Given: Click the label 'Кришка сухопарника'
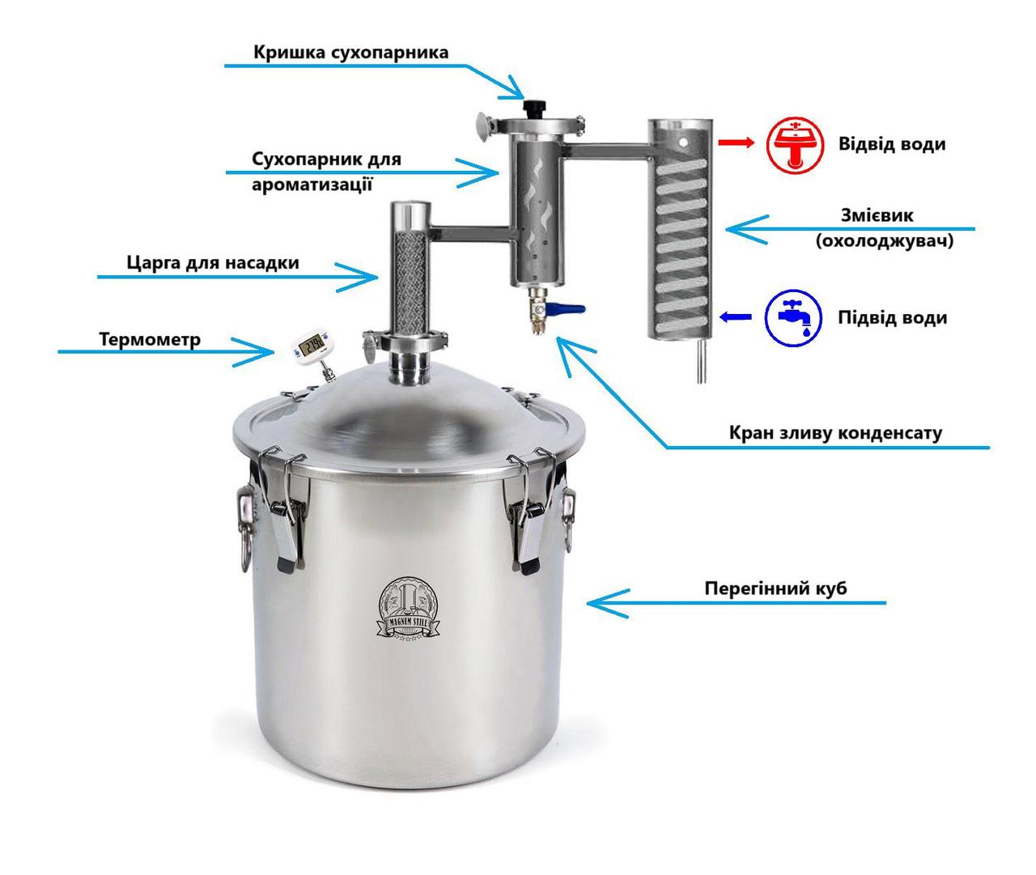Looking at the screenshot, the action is click(x=350, y=52).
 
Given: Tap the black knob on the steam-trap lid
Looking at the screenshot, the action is click(x=534, y=106).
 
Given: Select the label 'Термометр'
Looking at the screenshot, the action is click(x=150, y=339).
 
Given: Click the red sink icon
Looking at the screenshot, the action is click(x=794, y=145).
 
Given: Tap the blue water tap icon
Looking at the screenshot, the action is click(x=793, y=317).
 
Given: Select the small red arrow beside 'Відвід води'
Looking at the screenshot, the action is click(x=736, y=143).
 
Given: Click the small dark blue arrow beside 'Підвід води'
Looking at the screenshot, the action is click(x=736, y=316).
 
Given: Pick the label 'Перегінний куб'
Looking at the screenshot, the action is click(x=775, y=588).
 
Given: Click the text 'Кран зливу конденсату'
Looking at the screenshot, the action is click(x=835, y=433).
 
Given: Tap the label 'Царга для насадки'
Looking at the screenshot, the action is click(x=213, y=262).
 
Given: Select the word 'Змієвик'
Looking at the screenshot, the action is click(x=877, y=215).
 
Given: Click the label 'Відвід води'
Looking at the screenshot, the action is click(x=892, y=144).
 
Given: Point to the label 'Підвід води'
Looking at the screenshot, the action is click(x=893, y=317).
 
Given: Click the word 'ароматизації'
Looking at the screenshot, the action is click(x=312, y=185).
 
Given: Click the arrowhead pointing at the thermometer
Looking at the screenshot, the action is click(x=261, y=352).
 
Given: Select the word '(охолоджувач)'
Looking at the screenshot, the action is click(x=884, y=241).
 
